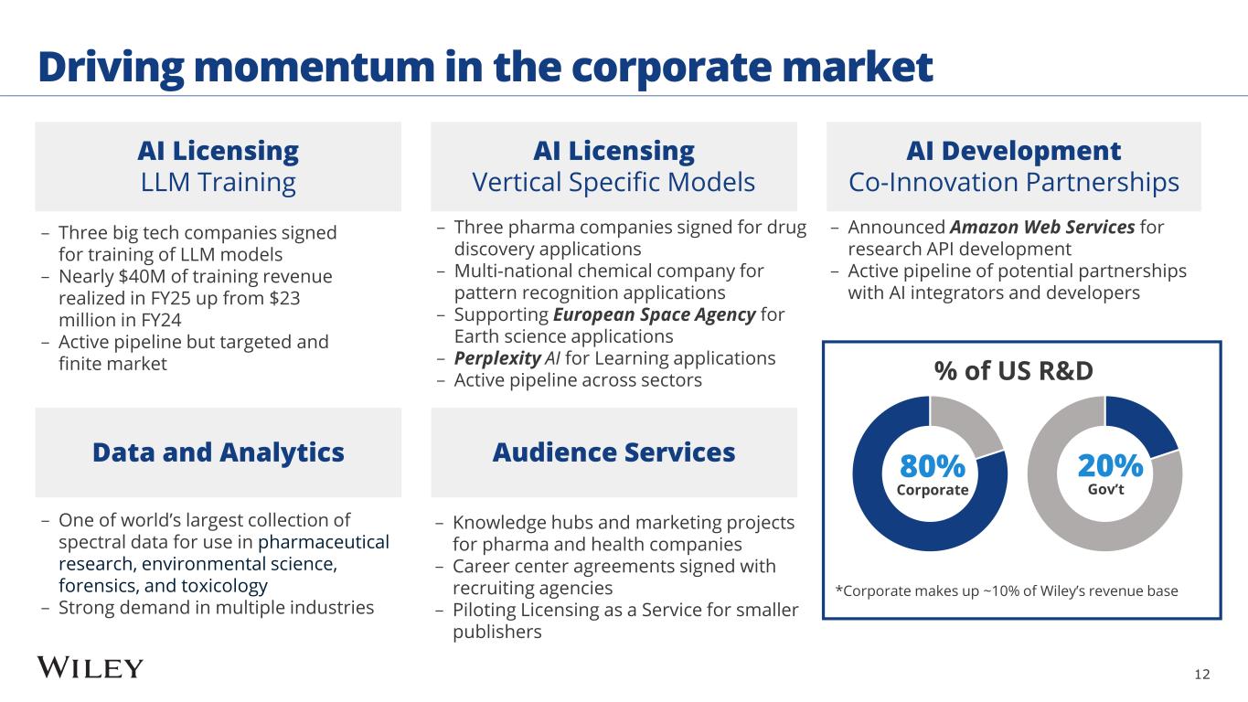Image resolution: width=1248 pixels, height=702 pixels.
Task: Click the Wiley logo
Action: coord(90,668)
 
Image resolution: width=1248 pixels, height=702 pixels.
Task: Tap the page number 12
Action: coord(1201,675)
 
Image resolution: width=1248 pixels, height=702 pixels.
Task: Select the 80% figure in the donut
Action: coord(932,466)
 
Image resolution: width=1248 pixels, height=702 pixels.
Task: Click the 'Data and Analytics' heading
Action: coord(218,452)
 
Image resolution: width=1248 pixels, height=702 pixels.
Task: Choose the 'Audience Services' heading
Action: coord(613,452)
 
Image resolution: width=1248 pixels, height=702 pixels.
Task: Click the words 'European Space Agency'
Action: coord(652,314)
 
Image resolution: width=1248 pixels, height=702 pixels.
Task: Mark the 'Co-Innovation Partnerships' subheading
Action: coord(1013,183)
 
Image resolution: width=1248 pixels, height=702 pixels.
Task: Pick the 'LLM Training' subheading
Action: coord(218,183)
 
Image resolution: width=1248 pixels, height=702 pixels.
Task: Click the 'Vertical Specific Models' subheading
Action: coord(613,183)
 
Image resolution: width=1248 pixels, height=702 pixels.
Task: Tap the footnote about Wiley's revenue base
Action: coord(1007,591)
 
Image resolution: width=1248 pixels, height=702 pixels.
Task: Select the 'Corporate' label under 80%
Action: coord(932,490)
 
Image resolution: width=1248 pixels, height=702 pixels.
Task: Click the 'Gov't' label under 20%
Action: coord(1106,490)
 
